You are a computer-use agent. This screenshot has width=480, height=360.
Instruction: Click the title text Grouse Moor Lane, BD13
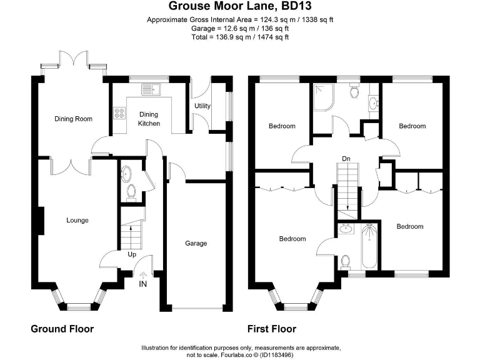(239, 7)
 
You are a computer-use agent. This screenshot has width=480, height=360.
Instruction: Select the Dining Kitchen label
(149, 119)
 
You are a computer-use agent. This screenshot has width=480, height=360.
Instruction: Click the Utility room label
(202, 106)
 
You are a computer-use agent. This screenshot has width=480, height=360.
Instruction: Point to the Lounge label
(77, 220)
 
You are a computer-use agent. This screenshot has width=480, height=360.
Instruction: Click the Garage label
(196, 243)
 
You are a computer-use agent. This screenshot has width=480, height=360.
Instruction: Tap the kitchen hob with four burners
(119, 114)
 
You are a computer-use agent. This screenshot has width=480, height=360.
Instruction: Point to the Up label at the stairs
(132, 254)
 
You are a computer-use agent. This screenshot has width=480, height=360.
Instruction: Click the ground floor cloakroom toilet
(131, 192)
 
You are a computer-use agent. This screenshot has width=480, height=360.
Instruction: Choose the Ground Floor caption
(62, 329)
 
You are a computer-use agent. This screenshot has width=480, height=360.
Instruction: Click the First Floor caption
(272, 329)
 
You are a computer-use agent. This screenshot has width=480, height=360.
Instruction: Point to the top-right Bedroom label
(412, 126)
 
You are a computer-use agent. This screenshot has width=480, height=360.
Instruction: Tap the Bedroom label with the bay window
(292, 239)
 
